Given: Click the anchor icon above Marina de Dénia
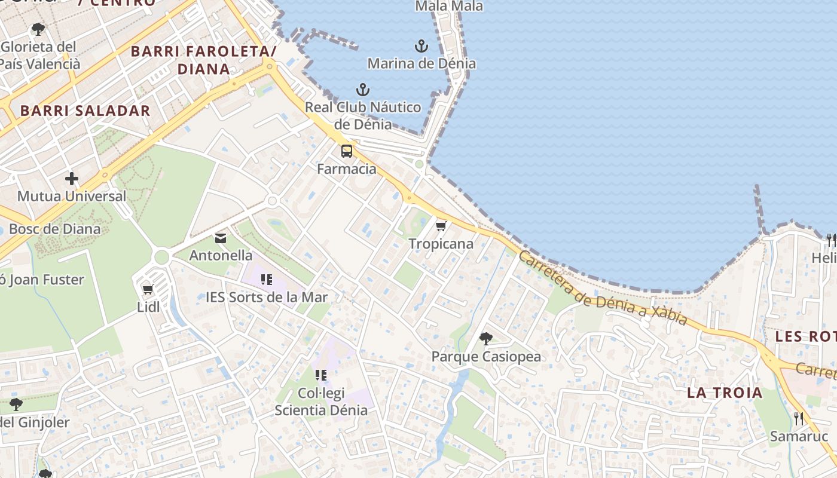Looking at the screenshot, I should [421, 46].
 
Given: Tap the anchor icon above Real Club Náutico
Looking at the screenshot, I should [362, 90].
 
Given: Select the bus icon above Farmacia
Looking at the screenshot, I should [347, 151].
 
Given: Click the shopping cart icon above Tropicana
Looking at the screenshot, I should [441, 226].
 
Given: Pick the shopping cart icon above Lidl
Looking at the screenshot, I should [148, 290].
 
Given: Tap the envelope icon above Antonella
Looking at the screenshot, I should [221, 238].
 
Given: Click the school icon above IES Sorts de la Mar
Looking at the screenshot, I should [267, 279].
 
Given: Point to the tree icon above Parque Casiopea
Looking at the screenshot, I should [486, 339].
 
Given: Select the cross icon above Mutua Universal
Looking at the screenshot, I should [72, 179].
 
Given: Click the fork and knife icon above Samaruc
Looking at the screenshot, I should [798, 418].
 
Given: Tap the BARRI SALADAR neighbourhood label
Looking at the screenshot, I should [85, 111].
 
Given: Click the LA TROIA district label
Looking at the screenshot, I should [725, 393].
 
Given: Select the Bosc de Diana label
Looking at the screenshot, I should [55, 229].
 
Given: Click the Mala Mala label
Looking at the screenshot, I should [449, 6].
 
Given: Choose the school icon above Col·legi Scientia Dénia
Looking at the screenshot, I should [321, 375].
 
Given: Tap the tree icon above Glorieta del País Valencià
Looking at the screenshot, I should [38, 29].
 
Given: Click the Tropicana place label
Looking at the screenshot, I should [441, 244].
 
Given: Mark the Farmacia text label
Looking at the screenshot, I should [347, 169].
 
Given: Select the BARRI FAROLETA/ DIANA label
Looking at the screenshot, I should [203, 60].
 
